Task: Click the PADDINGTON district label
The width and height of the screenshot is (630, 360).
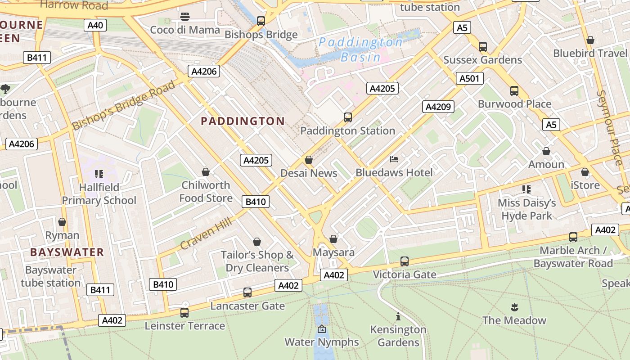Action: pos(243,121)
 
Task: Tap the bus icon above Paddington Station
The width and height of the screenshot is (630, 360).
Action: pos(347,117)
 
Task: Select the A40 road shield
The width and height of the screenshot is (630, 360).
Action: pos(95,25)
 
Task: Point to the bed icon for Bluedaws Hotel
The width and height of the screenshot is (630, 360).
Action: pos(394,159)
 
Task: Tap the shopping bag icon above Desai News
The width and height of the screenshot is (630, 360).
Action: pos(309,160)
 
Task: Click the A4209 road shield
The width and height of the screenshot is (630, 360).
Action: pos(438,107)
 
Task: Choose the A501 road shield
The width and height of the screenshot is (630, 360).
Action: pos(469,79)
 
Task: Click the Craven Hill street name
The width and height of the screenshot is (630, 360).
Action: pos(206,233)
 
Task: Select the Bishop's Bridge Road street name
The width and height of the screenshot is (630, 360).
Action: pos(123,106)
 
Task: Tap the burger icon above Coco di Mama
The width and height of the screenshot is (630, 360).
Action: pos(184,17)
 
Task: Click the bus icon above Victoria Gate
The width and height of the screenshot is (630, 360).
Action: pos(405,261)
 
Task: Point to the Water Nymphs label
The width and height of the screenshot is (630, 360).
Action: pos(322,342)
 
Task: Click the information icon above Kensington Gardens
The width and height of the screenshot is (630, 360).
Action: pos(398,316)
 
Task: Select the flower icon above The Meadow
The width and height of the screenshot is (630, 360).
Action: pos(514,307)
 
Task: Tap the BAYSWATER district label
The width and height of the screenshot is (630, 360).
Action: pos(67,252)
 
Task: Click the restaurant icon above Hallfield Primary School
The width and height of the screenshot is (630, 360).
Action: pos(99,174)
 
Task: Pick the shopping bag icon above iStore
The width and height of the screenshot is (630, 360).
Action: pos(585,172)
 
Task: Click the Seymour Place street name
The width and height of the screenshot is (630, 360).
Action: pos(610,127)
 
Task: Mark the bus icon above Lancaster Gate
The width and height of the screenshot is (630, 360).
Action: pos(247,292)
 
